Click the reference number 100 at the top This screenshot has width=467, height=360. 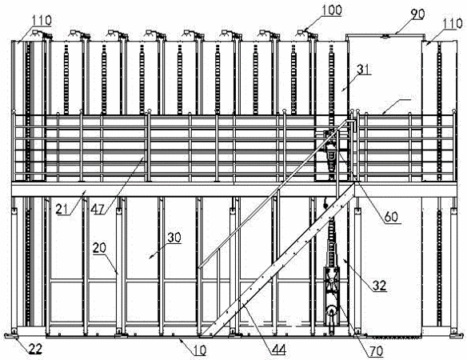(332, 10)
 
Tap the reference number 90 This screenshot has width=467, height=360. (417, 14)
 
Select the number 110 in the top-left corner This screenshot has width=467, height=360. (42, 21)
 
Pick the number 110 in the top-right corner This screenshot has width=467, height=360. (453, 23)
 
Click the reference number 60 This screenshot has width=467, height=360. (391, 217)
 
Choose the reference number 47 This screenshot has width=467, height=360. (98, 210)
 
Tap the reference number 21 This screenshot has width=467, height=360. (62, 210)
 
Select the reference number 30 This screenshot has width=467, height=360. (174, 238)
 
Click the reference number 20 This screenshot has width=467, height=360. (99, 248)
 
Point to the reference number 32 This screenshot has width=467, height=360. (380, 286)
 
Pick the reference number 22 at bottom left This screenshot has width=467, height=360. (35, 349)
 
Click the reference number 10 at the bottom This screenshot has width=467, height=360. (200, 350)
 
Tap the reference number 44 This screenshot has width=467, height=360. (279, 349)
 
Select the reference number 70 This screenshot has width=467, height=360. (376, 351)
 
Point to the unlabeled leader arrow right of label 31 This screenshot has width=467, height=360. (397, 106)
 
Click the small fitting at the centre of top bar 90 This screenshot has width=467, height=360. (386, 36)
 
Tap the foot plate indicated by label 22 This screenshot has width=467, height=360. (12, 337)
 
